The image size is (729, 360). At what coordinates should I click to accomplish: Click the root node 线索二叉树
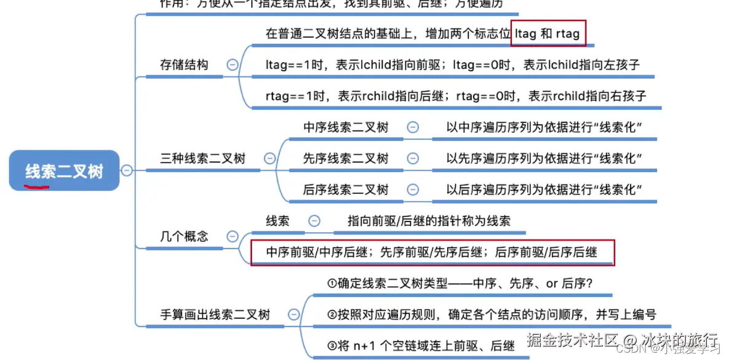click(x=64, y=170)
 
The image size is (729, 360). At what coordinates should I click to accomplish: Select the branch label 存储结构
click(x=184, y=65)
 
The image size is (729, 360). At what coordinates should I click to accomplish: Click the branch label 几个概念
click(x=184, y=236)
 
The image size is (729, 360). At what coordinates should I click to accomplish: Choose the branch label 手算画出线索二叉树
click(x=215, y=314)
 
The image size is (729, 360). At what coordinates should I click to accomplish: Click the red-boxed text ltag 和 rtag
click(x=548, y=34)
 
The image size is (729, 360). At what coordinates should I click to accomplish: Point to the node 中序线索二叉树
click(x=346, y=127)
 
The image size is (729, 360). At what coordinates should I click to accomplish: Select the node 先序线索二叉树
click(x=346, y=158)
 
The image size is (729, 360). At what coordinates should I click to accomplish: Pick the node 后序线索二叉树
click(x=346, y=190)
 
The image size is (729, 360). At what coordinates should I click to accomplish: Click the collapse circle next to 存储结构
click(x=233, y=65)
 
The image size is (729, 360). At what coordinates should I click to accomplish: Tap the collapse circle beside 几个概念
click(x=233, y=236)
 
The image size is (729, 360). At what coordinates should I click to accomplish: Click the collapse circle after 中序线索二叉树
click(x=413, y=127)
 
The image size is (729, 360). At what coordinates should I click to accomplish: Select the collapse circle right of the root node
click(x=127, y=170)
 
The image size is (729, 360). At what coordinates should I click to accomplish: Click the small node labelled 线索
click(x=277, y=221)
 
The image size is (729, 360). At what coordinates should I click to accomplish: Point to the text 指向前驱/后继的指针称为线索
click(x=429, y=221)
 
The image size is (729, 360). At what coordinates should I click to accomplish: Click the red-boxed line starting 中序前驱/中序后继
click(x=432, y=252)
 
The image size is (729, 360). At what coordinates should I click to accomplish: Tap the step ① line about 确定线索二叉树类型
click(x=460, y=284)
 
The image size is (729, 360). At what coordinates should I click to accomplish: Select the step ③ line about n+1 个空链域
click(x=421, y=346)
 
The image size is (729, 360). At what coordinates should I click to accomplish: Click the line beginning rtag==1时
click(x=456, y=96)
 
